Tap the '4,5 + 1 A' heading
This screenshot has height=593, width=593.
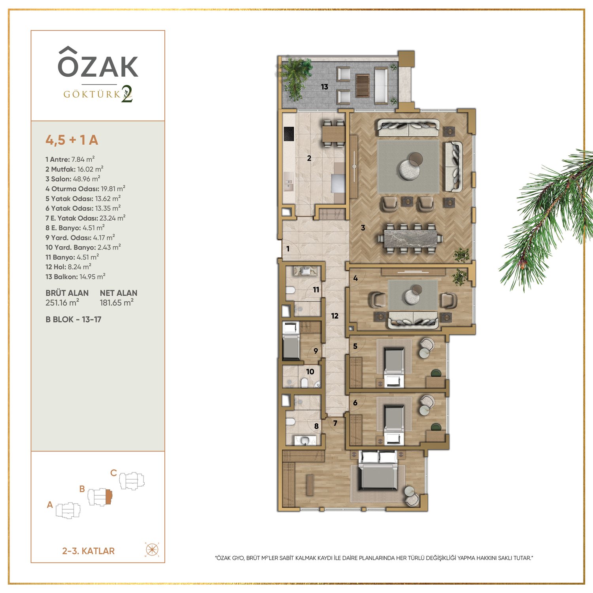pos(72,140)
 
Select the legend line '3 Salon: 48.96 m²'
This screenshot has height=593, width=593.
pos(73,179)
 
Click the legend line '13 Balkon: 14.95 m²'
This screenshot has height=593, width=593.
pos(75,276)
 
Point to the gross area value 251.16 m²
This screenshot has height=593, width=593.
pos(62,302)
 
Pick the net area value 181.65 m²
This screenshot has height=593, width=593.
pos(117,302)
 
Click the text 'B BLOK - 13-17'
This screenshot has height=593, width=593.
pos(73,319)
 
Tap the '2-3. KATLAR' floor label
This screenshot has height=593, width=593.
pos(88,551)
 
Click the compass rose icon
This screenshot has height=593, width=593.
pos(152,550)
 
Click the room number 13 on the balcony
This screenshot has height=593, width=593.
pos(325,87)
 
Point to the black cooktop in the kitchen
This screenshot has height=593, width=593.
pos(289,134)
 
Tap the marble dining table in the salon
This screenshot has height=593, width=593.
pos(410,238)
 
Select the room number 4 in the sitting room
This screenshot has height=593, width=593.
pos(355,278)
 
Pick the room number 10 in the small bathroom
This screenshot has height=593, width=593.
pos(310,372)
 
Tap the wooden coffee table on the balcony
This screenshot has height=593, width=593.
pos(362,85)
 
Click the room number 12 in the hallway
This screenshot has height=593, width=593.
pos(335,316)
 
